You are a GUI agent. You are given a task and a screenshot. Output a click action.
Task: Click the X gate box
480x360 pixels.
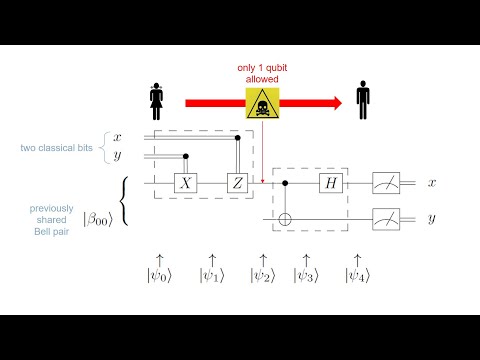pos(185,183)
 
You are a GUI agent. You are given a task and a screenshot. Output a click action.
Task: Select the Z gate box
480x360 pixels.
pos(237,183)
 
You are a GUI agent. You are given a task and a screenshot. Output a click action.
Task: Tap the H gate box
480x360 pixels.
pos(330,183)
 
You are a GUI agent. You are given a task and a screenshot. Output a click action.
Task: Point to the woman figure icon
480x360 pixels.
pos(156,100)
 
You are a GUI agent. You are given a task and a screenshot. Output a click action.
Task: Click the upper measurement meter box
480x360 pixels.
pos(386,183)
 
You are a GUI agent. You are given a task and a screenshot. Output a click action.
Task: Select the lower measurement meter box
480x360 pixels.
pos(386,215)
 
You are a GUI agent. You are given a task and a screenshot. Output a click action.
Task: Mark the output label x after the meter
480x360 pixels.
pos(431,183)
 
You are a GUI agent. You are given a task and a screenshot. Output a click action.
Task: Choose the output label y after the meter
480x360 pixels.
pos(431,217)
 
